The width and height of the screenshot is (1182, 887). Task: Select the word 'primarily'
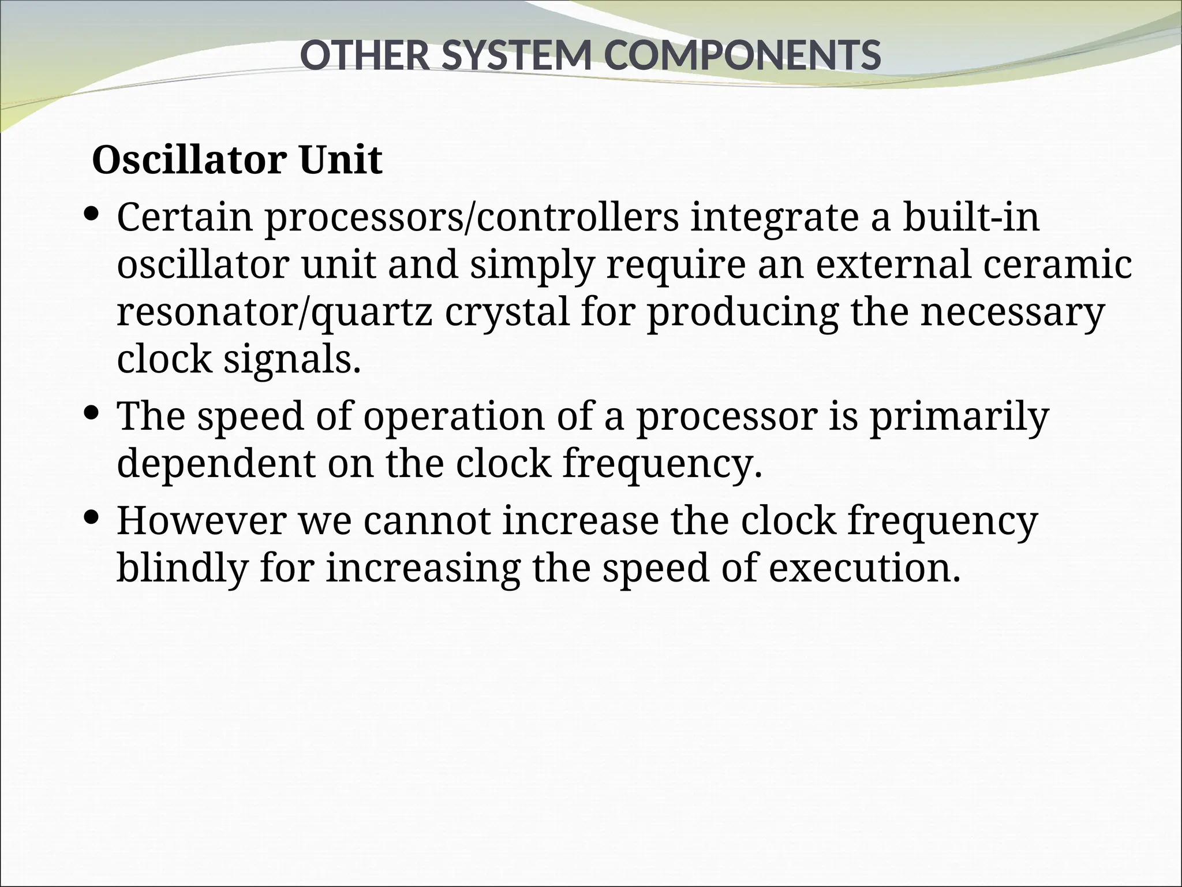click(x=959, y=416)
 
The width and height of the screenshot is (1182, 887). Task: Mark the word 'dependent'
click(x=216, y=463)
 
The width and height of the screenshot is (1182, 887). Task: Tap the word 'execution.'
click(x=865, y=568)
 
